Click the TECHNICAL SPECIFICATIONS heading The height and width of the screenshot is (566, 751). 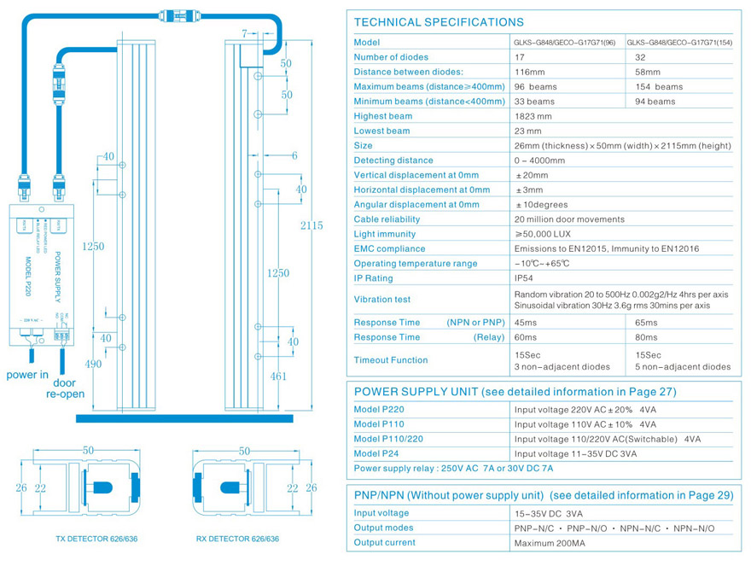click(x=439, y=22)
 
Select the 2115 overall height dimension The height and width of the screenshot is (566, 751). click(x=311, y=225)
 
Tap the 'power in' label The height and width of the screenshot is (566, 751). click(x=27, y=375)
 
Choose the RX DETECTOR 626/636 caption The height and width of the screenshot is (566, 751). click(x=237, y=539)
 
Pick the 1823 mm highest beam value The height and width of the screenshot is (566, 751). click(x=533, y=116)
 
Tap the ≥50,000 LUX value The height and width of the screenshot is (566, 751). click(x=542, y=234)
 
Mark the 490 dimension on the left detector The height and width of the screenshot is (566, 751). click(x=93, y=364)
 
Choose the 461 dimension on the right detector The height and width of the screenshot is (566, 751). click(x=278, y=375)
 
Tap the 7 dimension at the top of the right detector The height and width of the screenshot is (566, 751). click(x=244, y=33)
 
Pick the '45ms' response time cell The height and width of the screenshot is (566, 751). click(x=527, y=323)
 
